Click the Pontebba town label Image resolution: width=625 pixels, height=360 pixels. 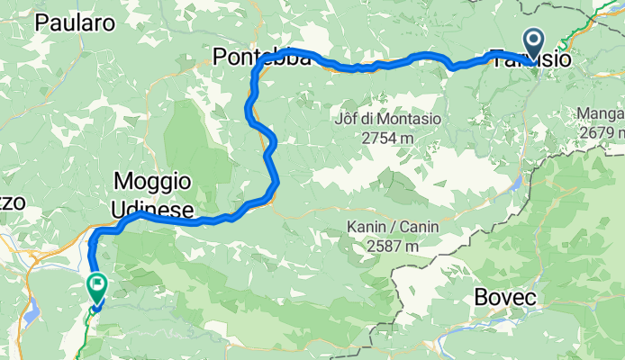click(x=261, y=58)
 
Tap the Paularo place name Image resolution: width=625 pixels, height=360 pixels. click(x=74, y=23)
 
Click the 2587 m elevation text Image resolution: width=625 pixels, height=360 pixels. click(x=386, y=246)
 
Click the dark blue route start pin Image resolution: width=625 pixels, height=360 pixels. click(x=533, y=42)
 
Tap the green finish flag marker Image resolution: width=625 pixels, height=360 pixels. click(x=96, y=286)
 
